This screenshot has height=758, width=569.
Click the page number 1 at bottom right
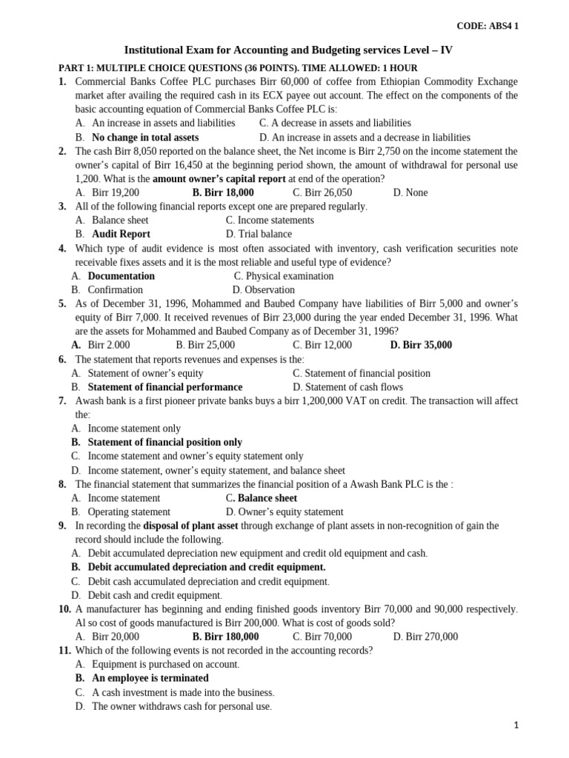(x=516, y=726)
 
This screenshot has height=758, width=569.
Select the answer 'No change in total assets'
(x=144, y=137)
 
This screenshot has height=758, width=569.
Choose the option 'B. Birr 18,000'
(x=222, y=192)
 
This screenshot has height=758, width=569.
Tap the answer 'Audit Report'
(x=121, y=234)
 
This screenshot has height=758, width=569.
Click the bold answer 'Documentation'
(x=121, y=276)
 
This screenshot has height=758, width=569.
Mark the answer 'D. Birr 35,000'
(x=421, y=345)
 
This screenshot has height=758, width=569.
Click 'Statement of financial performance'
(x=164, y=387)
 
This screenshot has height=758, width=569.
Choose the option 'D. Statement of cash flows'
(x=347, y=387)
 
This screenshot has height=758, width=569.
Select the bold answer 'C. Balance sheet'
(x=262, y=498)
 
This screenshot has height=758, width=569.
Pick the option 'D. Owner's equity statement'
(x=284, y=512)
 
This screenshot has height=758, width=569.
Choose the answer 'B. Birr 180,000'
(x=225, y=637)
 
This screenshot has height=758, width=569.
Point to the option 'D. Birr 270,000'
(x=425, y=637)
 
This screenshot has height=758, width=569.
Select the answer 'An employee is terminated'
(x=150, y=678)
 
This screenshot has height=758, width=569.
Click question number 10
(x=64, y=609)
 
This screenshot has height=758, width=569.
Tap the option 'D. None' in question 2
(x=410, y=192)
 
